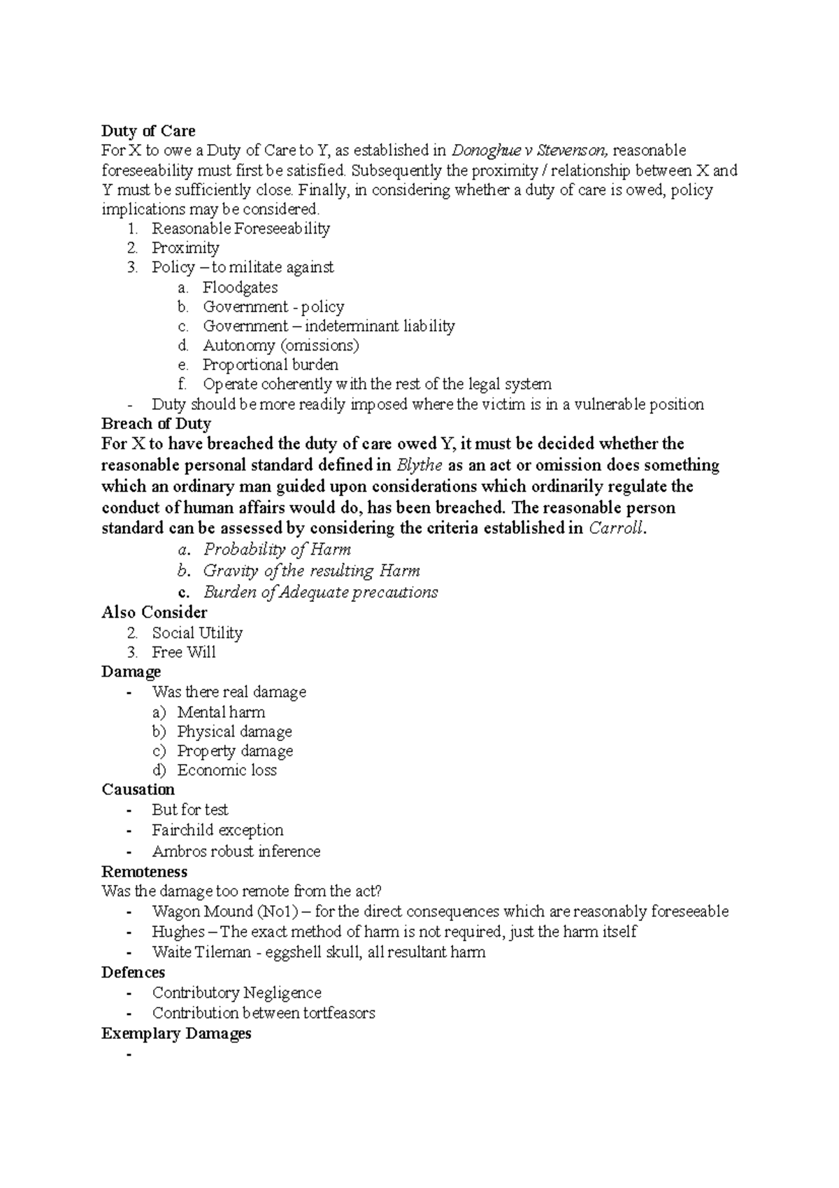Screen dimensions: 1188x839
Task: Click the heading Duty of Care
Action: tap(148, 131)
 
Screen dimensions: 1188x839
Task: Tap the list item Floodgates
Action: tap(240, 288)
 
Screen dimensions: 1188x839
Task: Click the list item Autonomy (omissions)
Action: tap(280, 346)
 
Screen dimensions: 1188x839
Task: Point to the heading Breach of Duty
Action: tap(156, 423)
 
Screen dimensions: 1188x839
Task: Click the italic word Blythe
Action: tap(419, 465)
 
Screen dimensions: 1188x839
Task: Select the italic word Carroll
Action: tap(615, 528)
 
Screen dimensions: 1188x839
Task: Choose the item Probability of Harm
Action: tap(277, 549)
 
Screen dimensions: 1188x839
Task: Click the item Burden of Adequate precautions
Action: tap(320, 592)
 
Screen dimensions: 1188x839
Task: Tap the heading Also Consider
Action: tap(154, 612)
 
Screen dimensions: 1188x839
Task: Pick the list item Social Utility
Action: tap(197, 632)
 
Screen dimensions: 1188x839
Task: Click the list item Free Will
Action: tap(184, 652)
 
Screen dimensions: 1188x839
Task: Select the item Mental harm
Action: tap(221, 712)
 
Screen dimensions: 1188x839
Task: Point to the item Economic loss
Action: tap(227, 770)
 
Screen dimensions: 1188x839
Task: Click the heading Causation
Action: tap(138, 789)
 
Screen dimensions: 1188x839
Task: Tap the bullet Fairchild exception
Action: tap(217, 830)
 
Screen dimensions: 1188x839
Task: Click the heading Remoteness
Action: tap(144, 871)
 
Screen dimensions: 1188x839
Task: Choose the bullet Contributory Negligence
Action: tap(236, 993)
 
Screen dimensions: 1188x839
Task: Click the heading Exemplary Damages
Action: tap(176, 1033)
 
